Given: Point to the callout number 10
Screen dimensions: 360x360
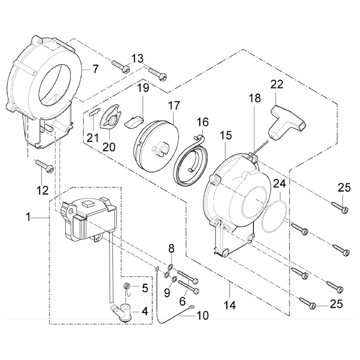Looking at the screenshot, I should [202, 315].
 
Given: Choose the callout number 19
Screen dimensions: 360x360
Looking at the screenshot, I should [143, 88].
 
